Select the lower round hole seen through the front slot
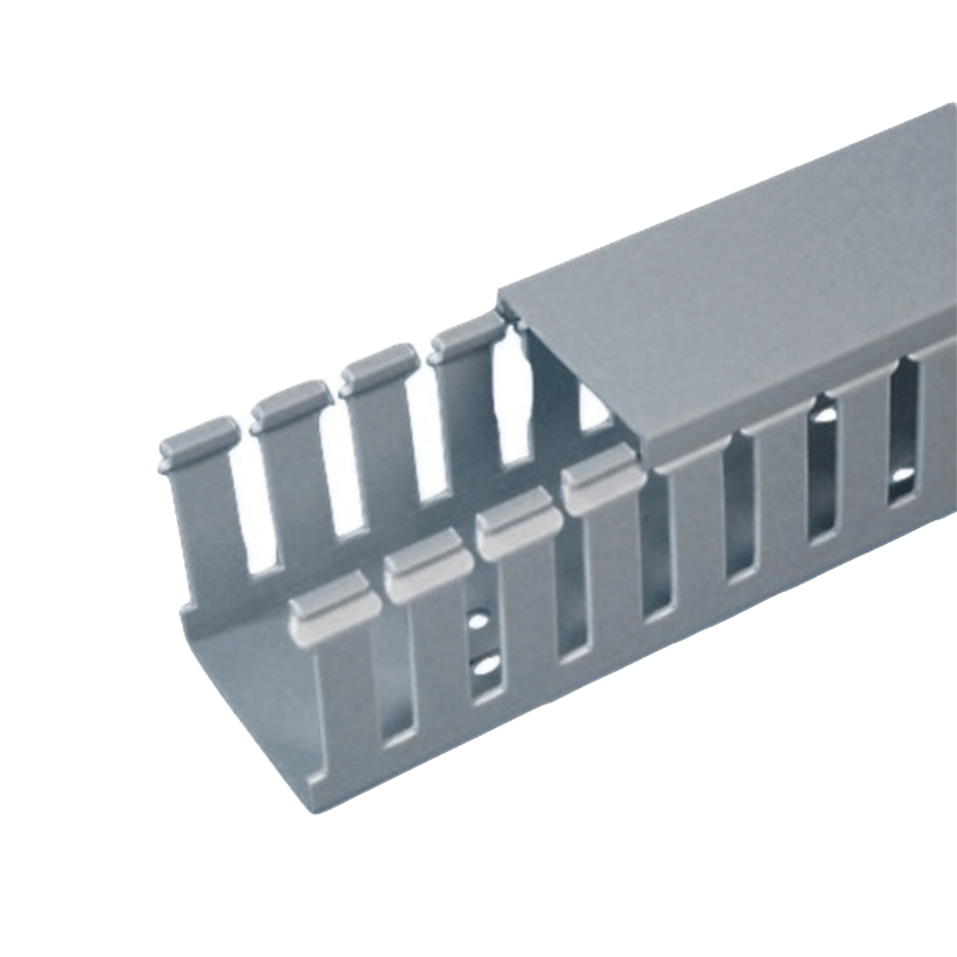(486, 662)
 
